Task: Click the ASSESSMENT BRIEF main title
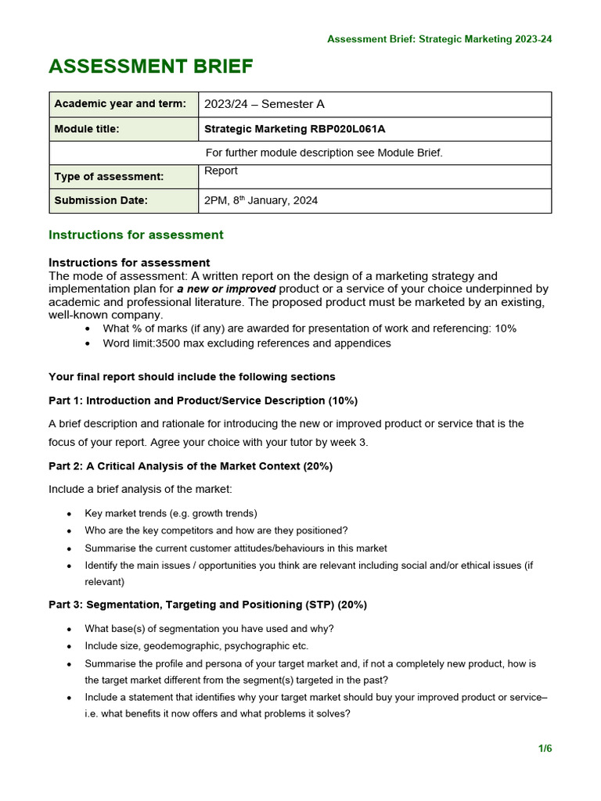150,67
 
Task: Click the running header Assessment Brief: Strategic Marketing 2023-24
439,39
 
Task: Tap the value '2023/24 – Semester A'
264,104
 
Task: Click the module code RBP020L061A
348,129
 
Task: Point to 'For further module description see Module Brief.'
323,153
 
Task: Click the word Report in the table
221,171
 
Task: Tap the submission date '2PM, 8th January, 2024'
261,201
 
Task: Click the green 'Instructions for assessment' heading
135,235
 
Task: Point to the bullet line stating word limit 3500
247,343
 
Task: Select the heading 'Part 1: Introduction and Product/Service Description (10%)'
203,400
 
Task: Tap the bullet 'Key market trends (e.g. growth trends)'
171,514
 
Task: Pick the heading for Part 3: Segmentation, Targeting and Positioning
207,605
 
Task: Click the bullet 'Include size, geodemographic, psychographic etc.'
196,646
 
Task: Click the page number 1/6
545,749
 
